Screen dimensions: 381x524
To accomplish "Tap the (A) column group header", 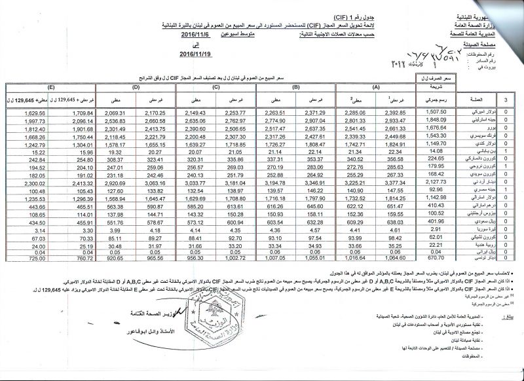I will [x=376, y=87].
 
